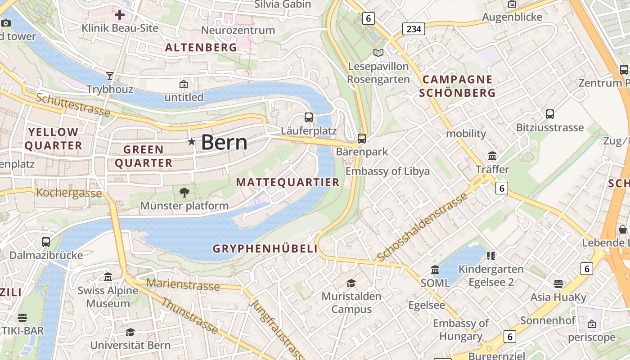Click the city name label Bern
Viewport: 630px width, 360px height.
coord(224,142)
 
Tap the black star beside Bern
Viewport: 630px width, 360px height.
coord(192,142)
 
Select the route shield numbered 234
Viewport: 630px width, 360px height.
coord(414,29)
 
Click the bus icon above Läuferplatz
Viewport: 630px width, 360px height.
coord(309,117)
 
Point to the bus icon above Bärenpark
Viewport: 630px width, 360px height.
coord(362,138)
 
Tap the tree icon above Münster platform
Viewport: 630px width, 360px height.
coord(184,193)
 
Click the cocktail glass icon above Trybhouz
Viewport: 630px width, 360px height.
coord(110,76)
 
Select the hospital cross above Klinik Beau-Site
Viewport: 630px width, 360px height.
coord(120,15)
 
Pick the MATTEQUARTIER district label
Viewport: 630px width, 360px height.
coord(288,182)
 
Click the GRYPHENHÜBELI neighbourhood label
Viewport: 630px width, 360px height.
coord(265,248)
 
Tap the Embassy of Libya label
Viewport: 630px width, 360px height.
coord(387,171)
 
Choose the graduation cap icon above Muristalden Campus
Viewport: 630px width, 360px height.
coord(351,283)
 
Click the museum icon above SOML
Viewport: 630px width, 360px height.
coord(435,270)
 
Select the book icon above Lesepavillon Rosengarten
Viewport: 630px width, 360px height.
coord(378,53)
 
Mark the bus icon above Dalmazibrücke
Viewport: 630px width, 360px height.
coord(46,242)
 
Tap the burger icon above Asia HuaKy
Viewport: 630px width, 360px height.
coord(558,284)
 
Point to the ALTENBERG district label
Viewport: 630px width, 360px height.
coord(201,48)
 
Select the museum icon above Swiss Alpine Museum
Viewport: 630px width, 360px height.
coord(108,277)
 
